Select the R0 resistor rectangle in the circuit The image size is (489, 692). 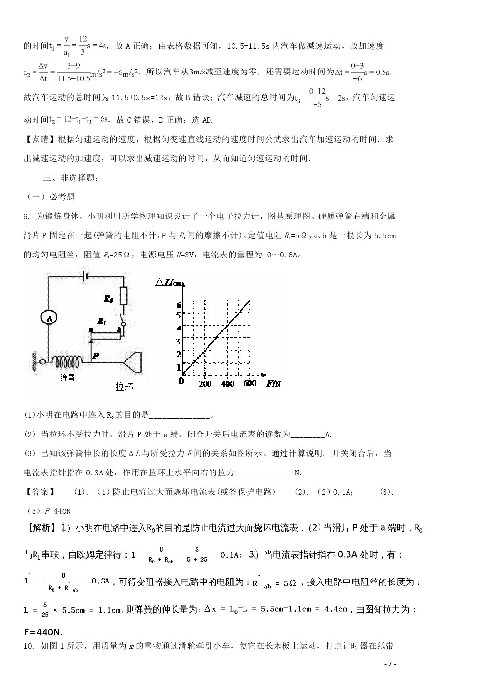point(123,296)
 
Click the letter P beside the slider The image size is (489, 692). point(96,354)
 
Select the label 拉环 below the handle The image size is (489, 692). point(124,386)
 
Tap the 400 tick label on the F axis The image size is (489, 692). point(227,384)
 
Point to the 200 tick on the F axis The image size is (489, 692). point(205,384)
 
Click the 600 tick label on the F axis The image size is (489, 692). point(250,383)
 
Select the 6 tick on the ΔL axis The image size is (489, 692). point(179,305)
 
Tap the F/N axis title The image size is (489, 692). point(274,383)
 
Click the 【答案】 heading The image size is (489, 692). point(39,492)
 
